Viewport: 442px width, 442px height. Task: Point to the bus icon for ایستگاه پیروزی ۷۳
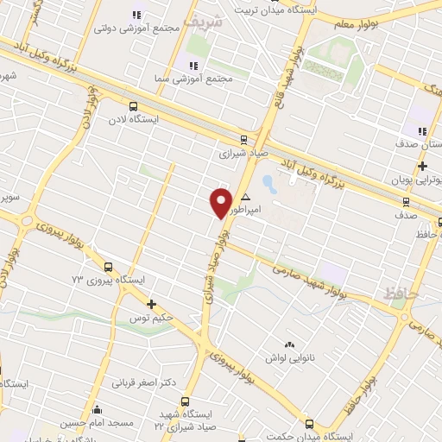(108, 267)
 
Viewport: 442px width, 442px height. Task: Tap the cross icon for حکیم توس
(151, 303)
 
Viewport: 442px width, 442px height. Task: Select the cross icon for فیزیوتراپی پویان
(422, 166)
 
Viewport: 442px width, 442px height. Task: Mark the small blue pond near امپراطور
(268, 184)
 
